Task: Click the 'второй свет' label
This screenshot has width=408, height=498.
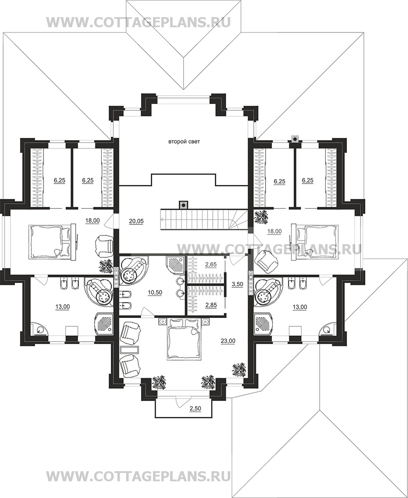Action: [x=184, y=142]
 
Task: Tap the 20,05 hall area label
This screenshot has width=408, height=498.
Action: [x=136, y=221]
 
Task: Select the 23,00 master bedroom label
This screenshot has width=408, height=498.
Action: [x=228, y=341]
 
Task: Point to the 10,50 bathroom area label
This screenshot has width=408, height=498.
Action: [x=155, y=292]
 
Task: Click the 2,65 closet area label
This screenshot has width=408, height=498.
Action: [x=211, y=264]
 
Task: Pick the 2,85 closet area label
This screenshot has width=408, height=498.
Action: [x=211, y=305]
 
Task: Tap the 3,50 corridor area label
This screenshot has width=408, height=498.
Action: [x=237, y=284]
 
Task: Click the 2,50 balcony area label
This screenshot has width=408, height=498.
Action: [x=195, y=408]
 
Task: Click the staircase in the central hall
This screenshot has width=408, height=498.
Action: [x=204, y=219]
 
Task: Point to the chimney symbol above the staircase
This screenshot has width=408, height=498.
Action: [x=183, y=205]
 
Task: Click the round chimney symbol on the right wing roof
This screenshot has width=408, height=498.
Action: [x=295, y=138]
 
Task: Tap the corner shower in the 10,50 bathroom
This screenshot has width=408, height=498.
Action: [x=175, y=265]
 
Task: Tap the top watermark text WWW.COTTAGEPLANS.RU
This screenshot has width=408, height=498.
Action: [x=138, y=22]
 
